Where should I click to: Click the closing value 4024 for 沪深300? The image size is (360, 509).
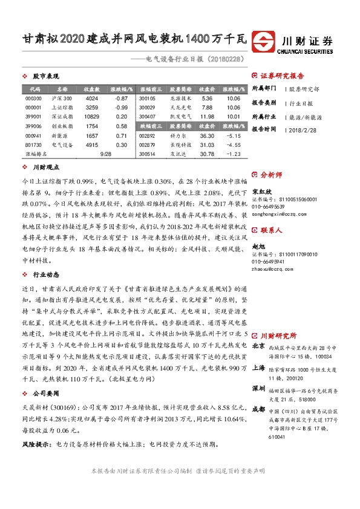click(x=92, y=98)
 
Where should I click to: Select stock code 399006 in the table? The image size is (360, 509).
click(x=34, y=126)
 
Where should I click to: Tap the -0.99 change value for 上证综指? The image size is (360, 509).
click(x=121, y=107)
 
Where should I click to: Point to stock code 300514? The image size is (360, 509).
click(x=147, y=154)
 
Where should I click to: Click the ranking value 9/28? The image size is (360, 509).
click(x=105, y=154)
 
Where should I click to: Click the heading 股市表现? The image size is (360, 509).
click(x=45, y=77)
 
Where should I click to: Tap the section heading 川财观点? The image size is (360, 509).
click(x=45, y=167)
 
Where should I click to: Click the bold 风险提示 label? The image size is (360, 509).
click(x=36, y=444)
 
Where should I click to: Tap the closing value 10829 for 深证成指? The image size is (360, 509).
click(x=92, y=117)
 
